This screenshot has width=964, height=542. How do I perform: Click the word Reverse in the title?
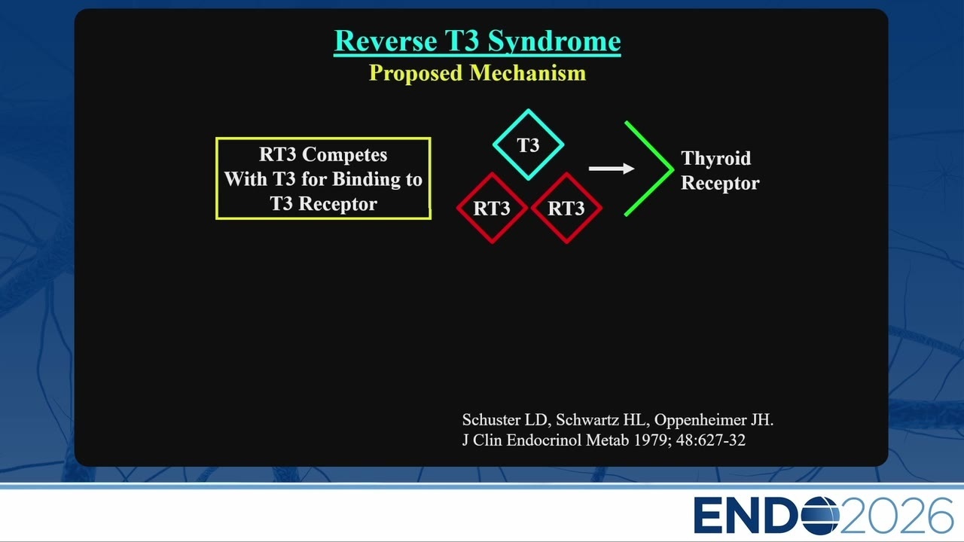coord(386,41)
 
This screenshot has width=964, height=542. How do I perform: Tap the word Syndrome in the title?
coord(554,42)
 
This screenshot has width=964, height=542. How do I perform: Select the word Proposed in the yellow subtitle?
coord(416,73)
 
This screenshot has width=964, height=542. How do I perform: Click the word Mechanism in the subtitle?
coord(528,72)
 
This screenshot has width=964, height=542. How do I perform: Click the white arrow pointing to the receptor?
coord(612,168)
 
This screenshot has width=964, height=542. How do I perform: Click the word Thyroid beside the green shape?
coord(716,158)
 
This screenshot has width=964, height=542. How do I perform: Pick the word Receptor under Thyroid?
coord(720,183)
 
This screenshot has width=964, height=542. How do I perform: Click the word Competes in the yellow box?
coord(344,155)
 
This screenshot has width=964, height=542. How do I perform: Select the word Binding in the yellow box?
coord(366,179)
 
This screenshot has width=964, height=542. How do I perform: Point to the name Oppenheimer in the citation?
coord(700,420)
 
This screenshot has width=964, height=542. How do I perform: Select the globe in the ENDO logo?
coord(819,516)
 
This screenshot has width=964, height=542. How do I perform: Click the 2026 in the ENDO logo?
coord(896,516)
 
